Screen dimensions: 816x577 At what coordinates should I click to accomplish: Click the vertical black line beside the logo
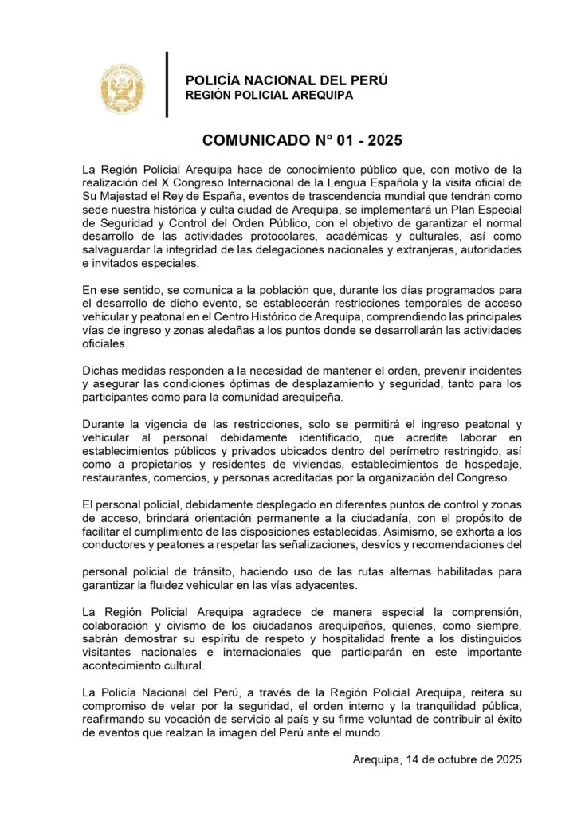click(x=167, y=84)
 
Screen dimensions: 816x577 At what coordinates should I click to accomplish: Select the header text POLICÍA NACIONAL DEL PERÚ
click(x=286, y=80)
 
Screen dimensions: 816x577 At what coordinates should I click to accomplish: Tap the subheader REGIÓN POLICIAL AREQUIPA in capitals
click(x=269, y=96)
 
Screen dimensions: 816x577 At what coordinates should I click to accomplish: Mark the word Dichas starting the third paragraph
click(x=100, y=370)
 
